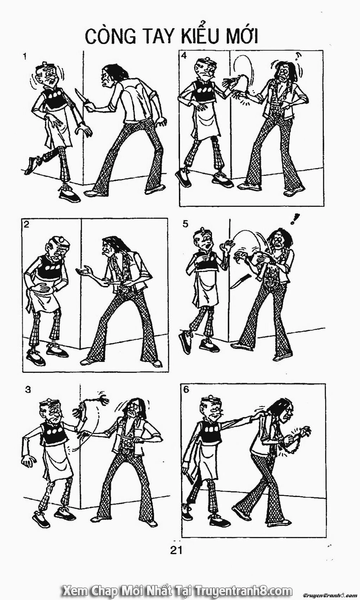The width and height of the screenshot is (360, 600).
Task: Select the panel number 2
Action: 26,224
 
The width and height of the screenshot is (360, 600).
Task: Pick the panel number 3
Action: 28,390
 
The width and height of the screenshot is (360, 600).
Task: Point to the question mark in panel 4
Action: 298,56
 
